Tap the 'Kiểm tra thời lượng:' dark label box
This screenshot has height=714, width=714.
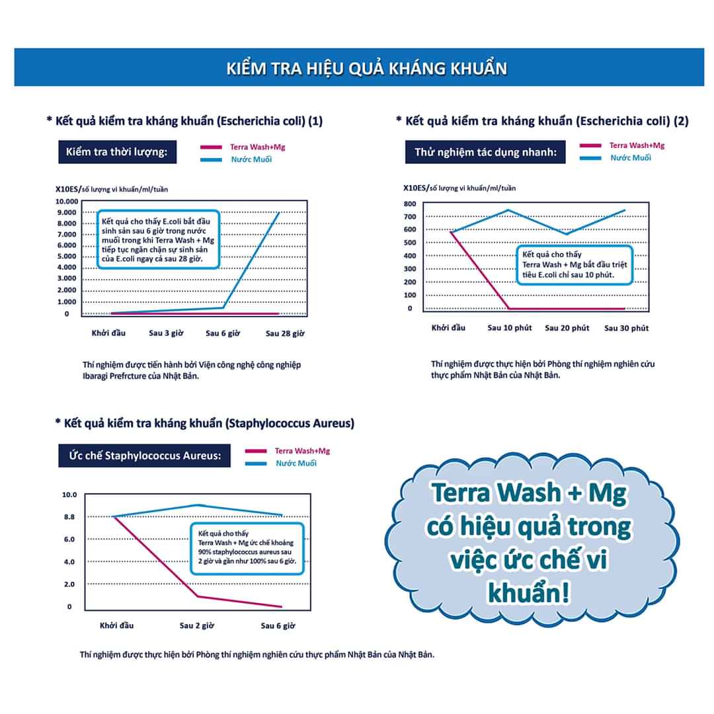[117, 153]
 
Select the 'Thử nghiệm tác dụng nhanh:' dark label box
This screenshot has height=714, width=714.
[485, 153]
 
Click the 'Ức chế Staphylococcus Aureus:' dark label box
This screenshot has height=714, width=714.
[144, 456]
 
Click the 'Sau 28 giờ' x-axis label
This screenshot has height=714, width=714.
[285, 333]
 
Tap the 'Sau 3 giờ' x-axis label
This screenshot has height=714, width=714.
[165, 333]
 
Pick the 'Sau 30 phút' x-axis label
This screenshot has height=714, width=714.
[626, 328]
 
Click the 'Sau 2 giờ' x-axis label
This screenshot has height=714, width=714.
[196, 625]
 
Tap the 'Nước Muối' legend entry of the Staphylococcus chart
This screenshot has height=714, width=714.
[296, 463]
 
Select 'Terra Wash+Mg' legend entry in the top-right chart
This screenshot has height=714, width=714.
[637, 145]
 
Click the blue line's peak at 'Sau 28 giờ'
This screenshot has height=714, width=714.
[279, 213]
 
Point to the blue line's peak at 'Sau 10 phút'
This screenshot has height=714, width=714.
[508, 210]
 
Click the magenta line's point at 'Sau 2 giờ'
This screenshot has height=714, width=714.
[197, 596]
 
